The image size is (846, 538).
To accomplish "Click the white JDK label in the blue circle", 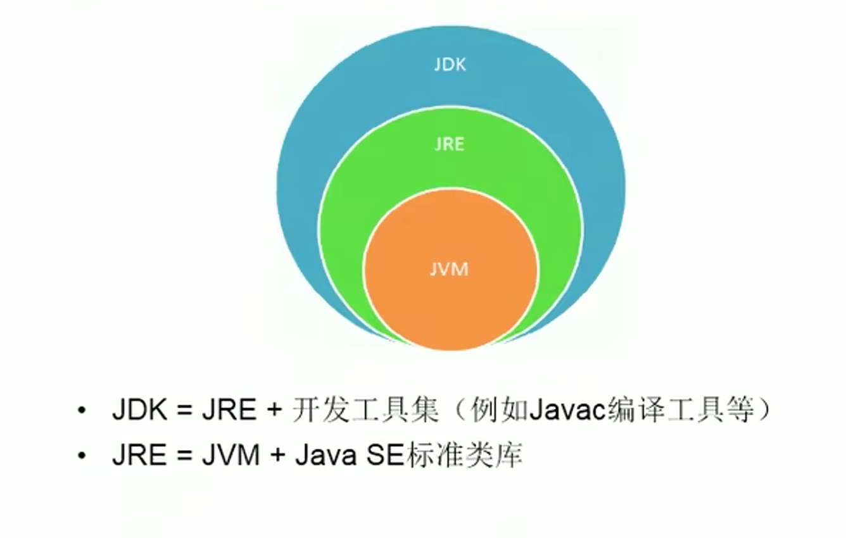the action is (x=450, y=64).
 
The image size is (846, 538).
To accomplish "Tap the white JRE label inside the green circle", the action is (x=450, y=144).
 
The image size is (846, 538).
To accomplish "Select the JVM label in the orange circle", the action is (x=450, y=269).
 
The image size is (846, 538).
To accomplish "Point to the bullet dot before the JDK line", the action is (x=81, y=412).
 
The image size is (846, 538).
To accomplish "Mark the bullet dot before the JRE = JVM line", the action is (x=81, y=456).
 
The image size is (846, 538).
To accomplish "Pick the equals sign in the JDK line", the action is (x=184, y=412).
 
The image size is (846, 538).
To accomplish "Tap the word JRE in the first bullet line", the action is (x=229, y=412).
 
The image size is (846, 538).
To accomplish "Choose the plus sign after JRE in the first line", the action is (x=274, y=412).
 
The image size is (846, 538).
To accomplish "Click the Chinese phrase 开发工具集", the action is (x=366, y=412).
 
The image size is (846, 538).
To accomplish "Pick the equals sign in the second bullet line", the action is (x=184, y=456).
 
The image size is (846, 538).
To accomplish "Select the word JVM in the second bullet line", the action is (x=230, y=456).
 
